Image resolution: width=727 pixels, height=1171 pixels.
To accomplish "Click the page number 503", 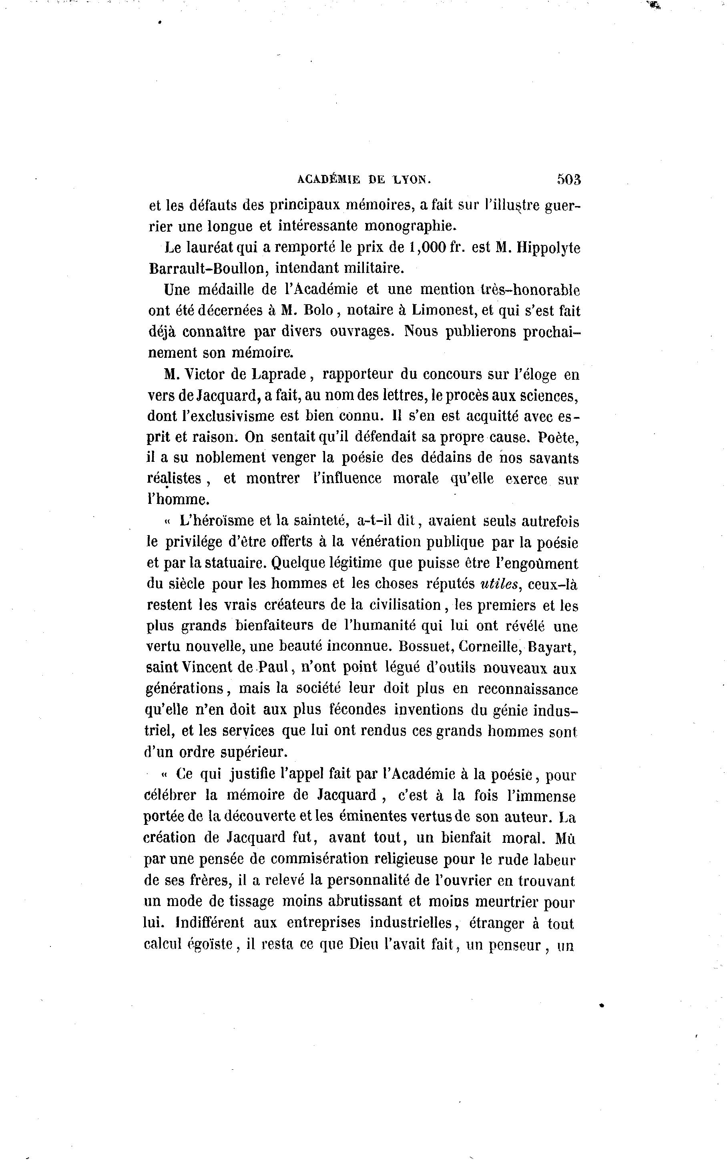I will tap(569, 179).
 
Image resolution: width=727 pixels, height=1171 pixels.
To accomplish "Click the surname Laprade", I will tap(279, 374).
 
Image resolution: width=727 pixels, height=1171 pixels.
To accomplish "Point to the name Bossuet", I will tap(424, 647).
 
